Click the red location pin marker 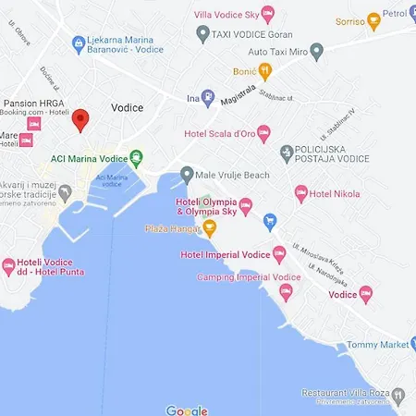pos(80,119)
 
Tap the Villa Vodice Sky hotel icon pos(268,12)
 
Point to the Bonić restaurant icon pos(264,71)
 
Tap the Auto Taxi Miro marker pos(317,50)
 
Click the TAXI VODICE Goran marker pos(203,33)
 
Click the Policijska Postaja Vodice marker pos(287,151)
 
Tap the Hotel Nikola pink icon pos(300,193)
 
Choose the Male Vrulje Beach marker pos(187,173)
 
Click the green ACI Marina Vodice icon pos(137,158)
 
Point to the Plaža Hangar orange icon pos(210,227)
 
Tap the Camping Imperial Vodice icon pos(285,293)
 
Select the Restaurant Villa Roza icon pos(398,395)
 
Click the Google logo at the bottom pos(187,410)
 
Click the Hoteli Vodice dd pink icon pos(9,267)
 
